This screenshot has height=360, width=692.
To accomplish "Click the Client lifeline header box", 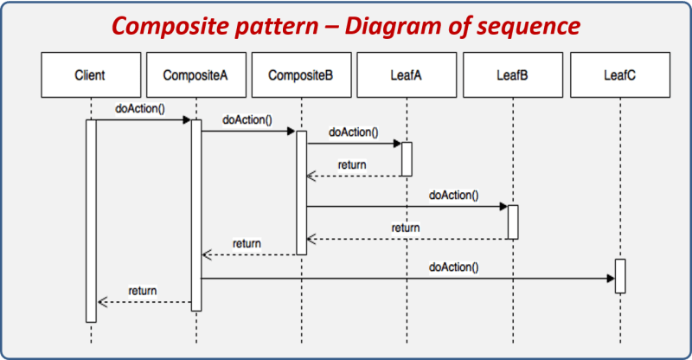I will (90, 75).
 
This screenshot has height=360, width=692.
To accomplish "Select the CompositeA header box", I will (195, 75).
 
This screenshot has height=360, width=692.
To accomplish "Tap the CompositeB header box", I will (301, 75).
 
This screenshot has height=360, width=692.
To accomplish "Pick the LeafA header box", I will (407, 75).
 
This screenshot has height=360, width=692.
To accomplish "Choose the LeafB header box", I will (512, 75).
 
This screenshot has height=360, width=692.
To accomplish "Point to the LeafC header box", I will (619, 75).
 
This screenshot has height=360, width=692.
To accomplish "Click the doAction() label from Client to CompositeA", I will (139, 109).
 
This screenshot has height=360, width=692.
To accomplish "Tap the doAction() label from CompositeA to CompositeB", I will (247, 119).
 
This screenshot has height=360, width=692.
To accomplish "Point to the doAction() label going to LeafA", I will (353, 132).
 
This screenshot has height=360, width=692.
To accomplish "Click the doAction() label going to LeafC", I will (453, 267).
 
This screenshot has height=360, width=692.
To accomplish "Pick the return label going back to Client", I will (143, 291).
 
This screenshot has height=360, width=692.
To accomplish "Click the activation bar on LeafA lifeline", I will (407, 158).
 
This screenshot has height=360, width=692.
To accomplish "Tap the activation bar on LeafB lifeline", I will (513, 222).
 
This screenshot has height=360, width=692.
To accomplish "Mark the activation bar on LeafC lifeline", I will (619, 275).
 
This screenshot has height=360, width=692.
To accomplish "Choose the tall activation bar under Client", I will (91, 221).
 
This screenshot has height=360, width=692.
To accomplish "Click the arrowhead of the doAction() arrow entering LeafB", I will (503, 207).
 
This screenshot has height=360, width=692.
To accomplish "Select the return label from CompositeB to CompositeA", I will (247, 244).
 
